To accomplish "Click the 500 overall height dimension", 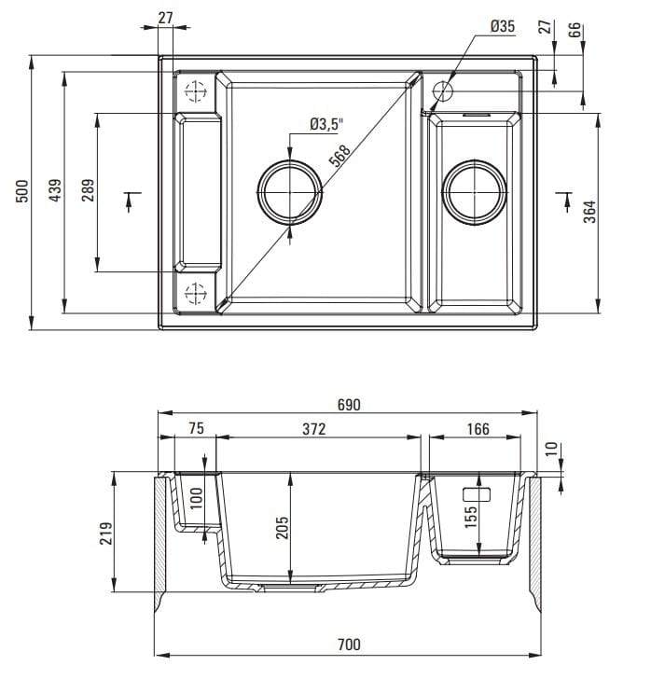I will [x=25, y=191].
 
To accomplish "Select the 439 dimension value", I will [x=55, y=191].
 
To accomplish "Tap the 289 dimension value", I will [x=87, y=191].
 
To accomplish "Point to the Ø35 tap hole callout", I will [x=501, y=27].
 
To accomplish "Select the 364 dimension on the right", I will [x=589, y=212].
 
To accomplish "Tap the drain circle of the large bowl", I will [x=291, y=191].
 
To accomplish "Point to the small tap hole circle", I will [x=442, y=91].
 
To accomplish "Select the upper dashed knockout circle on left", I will [x=195, y=91].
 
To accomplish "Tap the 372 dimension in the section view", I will [x=313, y=430].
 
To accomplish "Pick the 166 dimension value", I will [x=477, y=430].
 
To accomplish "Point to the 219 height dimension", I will [x=104, y=533].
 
